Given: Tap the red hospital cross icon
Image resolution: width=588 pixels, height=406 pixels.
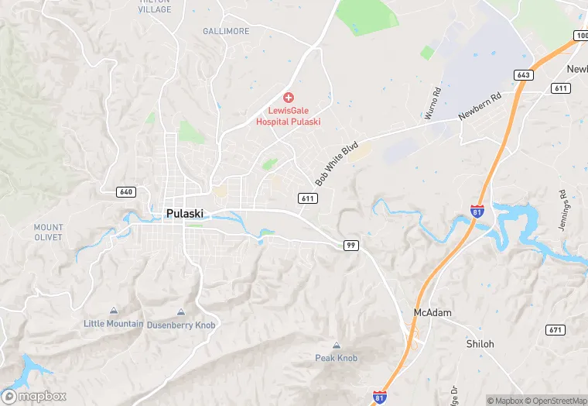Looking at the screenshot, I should [289, 97].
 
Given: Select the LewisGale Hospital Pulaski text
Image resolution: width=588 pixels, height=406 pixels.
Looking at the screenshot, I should [289, 116].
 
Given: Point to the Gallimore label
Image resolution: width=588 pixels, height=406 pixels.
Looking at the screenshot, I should [226, 31].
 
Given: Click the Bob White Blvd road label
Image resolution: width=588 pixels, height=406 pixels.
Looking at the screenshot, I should [337, 163].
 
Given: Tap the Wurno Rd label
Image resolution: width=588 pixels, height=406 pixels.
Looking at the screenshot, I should [434, 102].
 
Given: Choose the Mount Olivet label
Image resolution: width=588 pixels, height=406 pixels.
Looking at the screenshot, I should [48, 232].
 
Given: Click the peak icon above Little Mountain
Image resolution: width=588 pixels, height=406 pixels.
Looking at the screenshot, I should [115, 310].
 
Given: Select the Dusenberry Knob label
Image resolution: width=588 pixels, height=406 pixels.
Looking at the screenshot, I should [181, 325].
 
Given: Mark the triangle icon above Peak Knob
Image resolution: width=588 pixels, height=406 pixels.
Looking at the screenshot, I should [336, 346].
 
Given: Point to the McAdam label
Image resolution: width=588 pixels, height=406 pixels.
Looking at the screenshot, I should [432, 313].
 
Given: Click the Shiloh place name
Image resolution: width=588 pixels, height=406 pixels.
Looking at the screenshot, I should [480, 343].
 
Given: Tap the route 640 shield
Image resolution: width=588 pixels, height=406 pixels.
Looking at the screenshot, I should [126, 191].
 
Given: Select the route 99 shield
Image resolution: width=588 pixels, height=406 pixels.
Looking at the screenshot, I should [351, 245].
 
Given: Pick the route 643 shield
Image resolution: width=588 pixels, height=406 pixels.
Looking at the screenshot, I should [524, 74].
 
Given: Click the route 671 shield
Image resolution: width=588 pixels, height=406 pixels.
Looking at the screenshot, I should [554, 330].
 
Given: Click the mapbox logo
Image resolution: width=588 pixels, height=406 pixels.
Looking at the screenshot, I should [34, 396].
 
